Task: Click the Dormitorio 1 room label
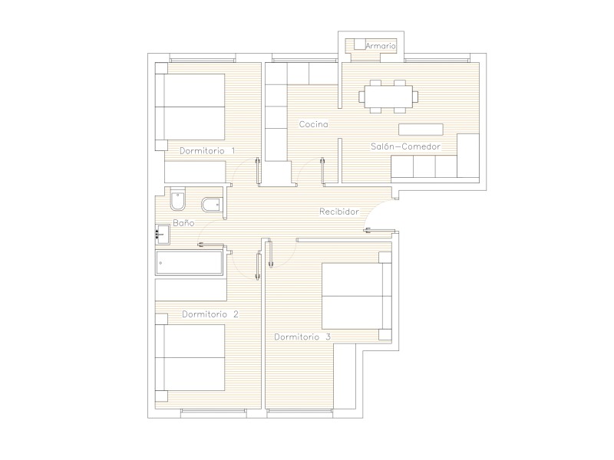tap(207, 150)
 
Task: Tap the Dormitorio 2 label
tap(210, 314)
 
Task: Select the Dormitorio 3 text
tap(302, 337)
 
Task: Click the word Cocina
tap(314, 124)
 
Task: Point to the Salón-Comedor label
tap(406, 146)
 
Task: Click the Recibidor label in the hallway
tap(339, 212)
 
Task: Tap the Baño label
tap(183, 223)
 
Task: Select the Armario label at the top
tap(381, 46)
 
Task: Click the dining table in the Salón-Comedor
tap(388, 97)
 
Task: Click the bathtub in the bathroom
tap(190, 263)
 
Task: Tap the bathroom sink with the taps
tap(163, 235)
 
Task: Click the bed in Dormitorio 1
tap(190, 107)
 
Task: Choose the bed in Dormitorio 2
tap(190, 357)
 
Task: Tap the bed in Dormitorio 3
tap(356, 296)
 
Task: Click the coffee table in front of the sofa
tap(421, 130)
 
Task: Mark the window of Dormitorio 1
tap(203, 60)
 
